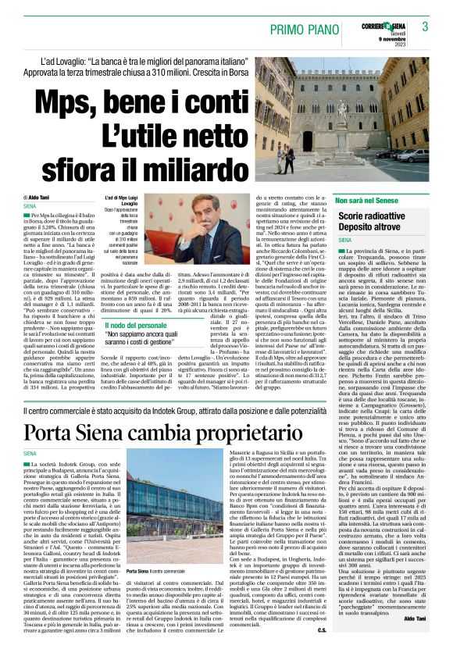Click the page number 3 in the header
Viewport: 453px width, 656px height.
[x=424, y=26]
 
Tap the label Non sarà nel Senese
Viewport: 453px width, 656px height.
[x=371, y=202]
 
